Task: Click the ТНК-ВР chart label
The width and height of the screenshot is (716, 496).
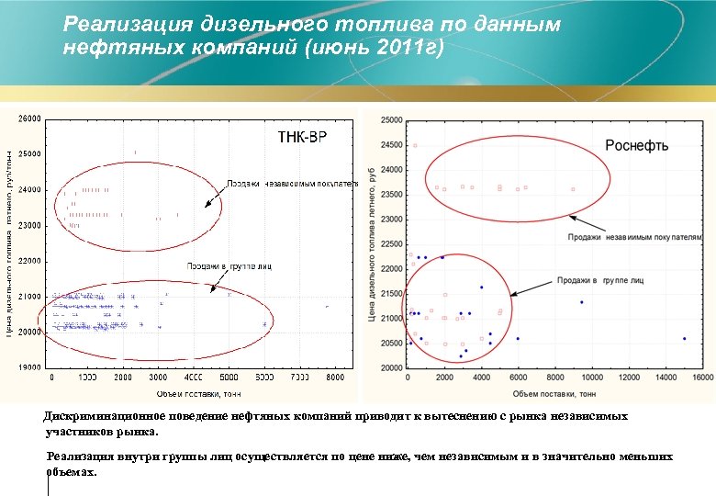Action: (x=302, y=138)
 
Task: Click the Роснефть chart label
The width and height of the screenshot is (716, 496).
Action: (x=636, y=145)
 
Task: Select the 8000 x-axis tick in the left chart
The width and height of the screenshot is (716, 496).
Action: (x=335, y=378)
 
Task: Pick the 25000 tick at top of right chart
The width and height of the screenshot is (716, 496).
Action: (x=392, y=120)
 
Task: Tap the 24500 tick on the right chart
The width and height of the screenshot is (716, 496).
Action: (x=392, y=145)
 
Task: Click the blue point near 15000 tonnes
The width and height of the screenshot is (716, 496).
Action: (x=684, y=339)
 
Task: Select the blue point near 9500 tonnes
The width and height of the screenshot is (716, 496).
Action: (x=581, y=302)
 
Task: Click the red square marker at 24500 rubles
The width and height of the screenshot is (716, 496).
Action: (x=415, y=145)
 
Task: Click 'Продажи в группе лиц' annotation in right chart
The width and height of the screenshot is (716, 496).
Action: (x=599, y=278)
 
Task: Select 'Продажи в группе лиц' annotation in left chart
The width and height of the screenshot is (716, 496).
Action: (x=229, y=266)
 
